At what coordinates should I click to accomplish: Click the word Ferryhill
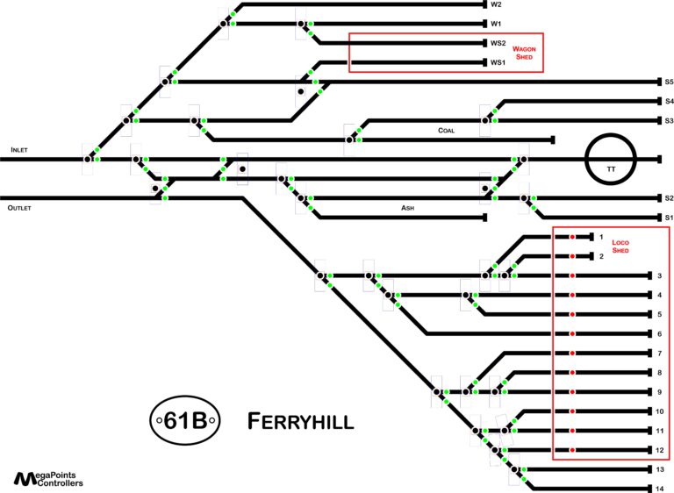click(300, 421)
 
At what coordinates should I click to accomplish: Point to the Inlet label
click(19, 150)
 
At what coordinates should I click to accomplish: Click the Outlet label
click(21, 209)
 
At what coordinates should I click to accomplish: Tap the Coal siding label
click(446, 131)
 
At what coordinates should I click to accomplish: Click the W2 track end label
click(496, 4)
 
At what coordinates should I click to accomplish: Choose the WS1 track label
click(498, 62)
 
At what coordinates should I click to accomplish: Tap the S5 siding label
click(668, 82)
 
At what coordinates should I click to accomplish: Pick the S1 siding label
click(668, 218)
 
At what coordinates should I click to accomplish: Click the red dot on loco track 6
click(572, 334)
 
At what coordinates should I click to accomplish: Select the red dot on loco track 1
click(572, 237)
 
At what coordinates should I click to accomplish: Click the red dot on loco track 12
click(572, 450)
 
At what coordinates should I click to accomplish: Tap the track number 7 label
click(658, 354)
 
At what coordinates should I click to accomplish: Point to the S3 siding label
click(668, 120)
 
